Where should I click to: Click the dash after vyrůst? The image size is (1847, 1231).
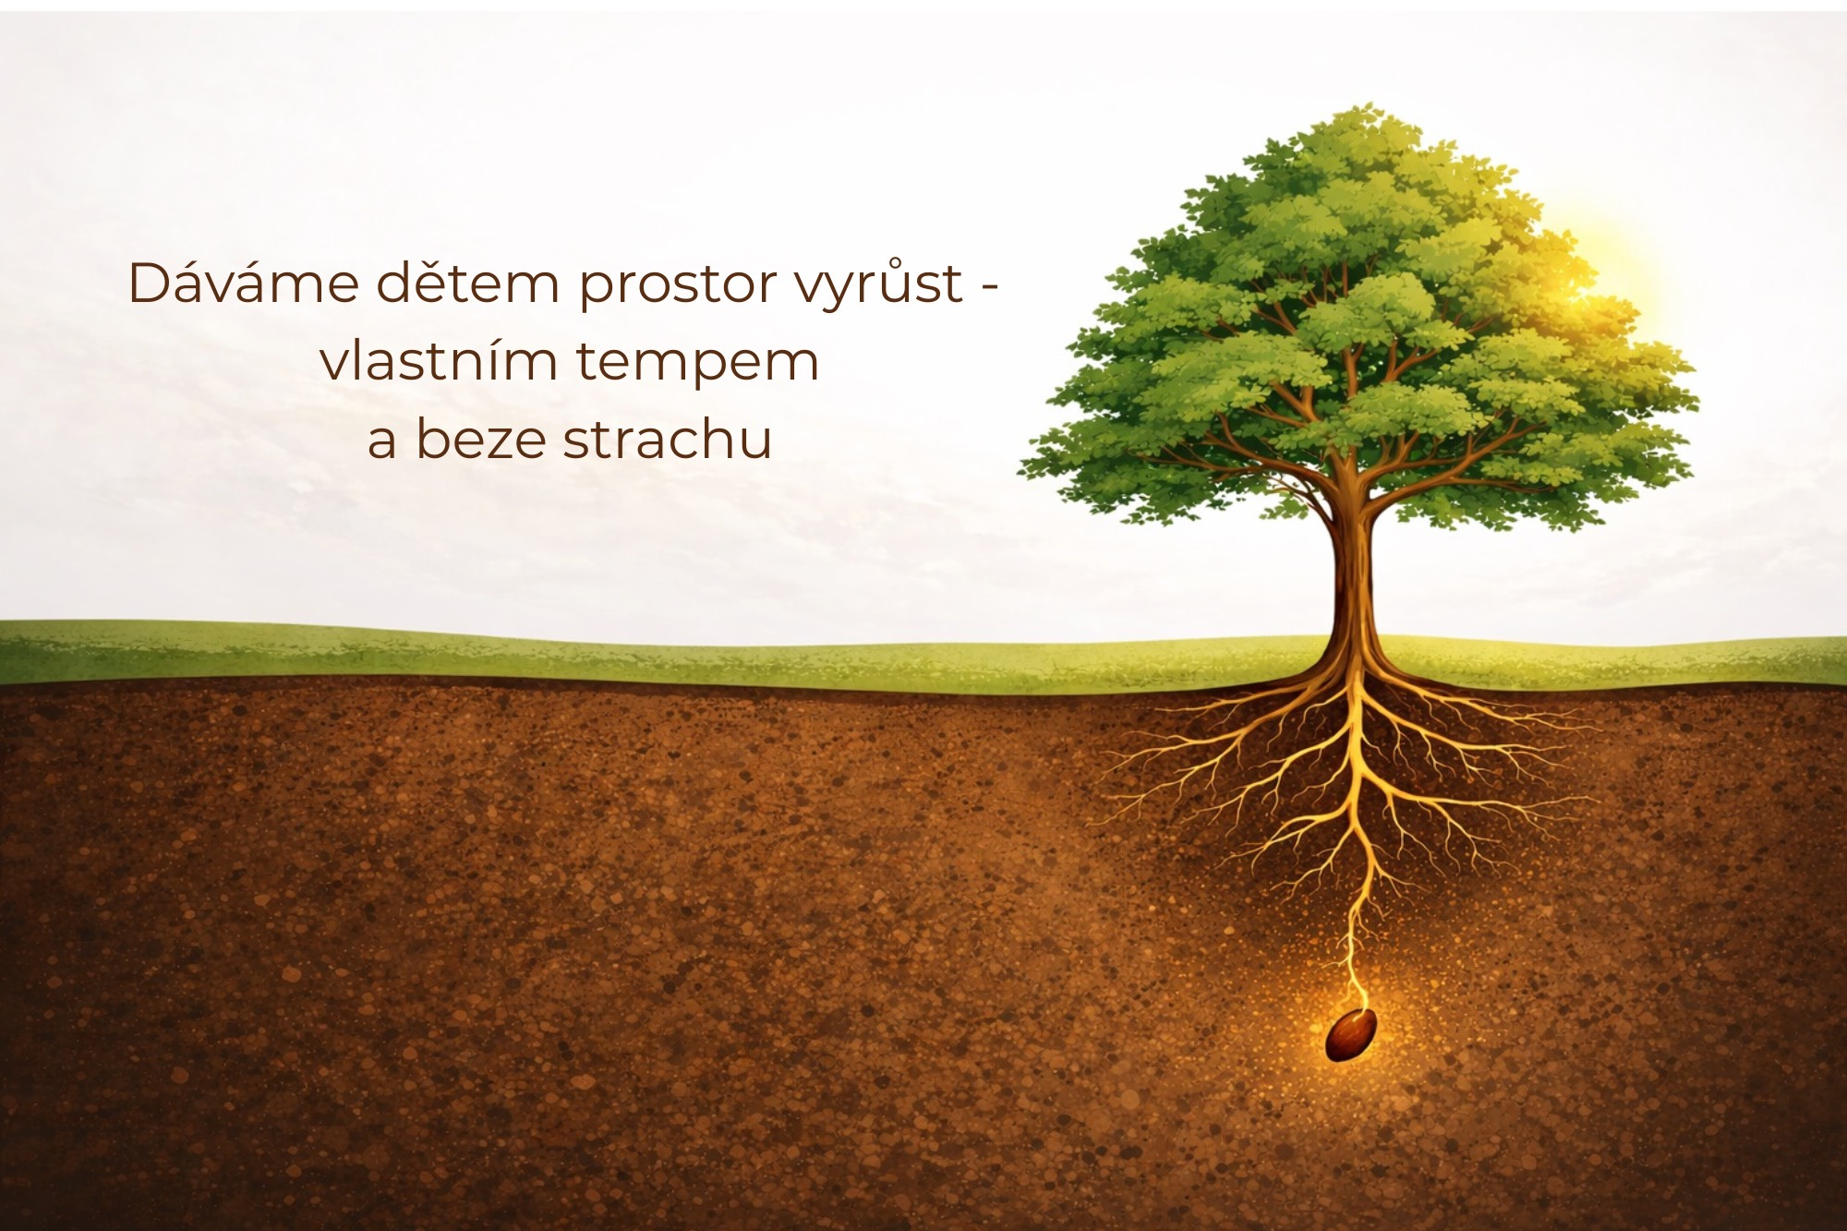point(989,289)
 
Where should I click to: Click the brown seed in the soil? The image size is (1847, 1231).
point(1351,1034)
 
